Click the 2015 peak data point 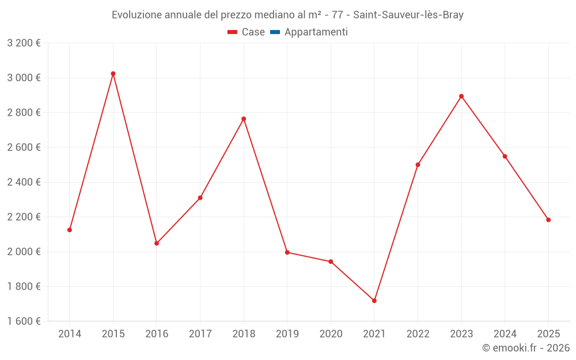point(113,74)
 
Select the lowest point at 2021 point(374,301)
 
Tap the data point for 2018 point(244,119)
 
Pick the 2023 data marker point(461,96)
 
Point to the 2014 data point point(70,230)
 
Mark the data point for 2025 point(548,220)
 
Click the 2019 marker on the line point(287,252)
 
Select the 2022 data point point(418,165)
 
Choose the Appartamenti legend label point(316,32)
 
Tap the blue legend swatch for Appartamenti point(275,32)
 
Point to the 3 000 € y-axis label point(24,78)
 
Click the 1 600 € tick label point(24,321)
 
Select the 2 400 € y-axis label point(24,182)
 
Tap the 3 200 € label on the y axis point(24,43)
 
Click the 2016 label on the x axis point(157,334)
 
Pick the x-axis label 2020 point(331,334)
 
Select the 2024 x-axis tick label point(505,334)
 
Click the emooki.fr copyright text point(525,348)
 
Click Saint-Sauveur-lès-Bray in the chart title point(408,15)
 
